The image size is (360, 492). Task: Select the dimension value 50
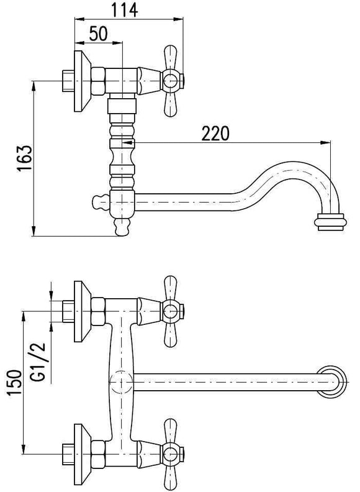[98, 34]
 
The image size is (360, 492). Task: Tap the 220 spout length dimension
[215, 133]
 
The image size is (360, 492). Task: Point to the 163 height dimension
[25, 158]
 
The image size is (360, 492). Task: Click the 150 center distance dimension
[15, 383]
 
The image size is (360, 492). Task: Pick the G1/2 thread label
[38, 362]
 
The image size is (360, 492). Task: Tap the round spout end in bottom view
[331, 381]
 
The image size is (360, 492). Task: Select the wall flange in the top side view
[82, 81]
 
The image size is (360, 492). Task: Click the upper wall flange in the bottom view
[82, 311]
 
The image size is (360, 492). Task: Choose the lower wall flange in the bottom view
[82, 454]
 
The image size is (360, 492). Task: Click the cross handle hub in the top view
[171, 81]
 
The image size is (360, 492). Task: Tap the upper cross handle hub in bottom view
[171, 311]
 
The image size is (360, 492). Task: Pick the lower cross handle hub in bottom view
[171, 454]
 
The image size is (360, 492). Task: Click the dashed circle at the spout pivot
[121, 381]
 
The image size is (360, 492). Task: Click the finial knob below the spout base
[122, 227]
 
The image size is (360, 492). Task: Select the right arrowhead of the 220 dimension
[326, 143]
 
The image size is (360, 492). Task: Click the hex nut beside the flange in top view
[98, 81]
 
